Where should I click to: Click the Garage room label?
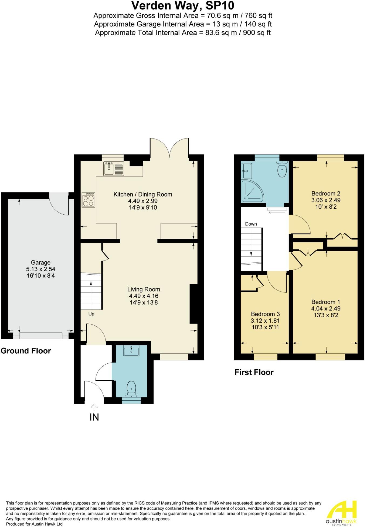click(x=40, y=262)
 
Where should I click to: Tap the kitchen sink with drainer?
click(x=113, y=168)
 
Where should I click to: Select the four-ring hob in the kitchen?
click(x=89, y=200)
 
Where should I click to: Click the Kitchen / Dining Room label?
click(x=143, y=194)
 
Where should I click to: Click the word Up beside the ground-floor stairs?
click(x=91, y=314)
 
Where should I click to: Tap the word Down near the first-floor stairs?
click(x=251, y=224)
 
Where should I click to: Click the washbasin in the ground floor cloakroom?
click(x=131, y=351)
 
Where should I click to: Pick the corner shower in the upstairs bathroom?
click(x=251, y=191)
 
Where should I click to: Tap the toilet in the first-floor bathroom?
click(x=282, y=169)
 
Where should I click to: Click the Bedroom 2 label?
click(x=326, y=194)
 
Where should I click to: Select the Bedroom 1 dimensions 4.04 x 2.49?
click(x=326, y=309)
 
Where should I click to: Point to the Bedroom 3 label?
click(x=265, y=314)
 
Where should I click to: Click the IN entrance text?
click(x=94, y=417)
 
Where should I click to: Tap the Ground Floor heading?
click(x=26, y=351)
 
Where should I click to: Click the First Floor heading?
click(x=254, y=372)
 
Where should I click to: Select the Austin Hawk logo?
click(x=342, y=513)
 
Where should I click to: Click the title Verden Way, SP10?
click(x=183, y=5)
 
